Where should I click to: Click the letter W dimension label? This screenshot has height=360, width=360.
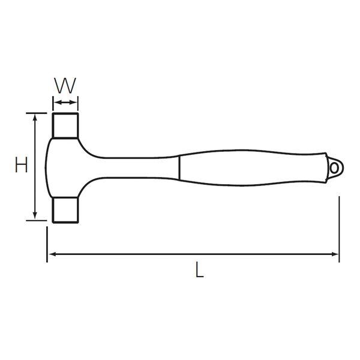click(x=65, y=85)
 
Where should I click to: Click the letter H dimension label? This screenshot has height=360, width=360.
click(x=22, y=164)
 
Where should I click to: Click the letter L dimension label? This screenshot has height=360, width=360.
click(x=199, y=270)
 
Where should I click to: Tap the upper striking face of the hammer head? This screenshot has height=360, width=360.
click(x=65, y=125)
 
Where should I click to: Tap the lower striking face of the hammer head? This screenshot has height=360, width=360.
click(x=65, y=210)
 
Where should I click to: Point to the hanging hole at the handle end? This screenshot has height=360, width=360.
click(x=334, y=168)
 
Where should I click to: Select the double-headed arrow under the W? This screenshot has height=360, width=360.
click(x=65, y=103)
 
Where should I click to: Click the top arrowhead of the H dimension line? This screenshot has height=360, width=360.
click(x=35, y=117)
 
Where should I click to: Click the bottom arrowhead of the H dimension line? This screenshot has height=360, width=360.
click(x=35, y=215)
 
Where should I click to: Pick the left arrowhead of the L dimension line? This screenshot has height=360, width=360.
click(x=53, y=254)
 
